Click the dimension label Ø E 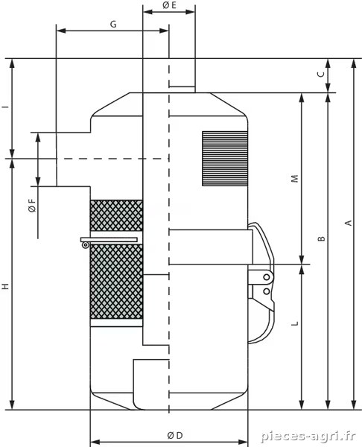[170, 5]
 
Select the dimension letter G [113, 25]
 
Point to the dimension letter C [321, 74]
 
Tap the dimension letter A [349, 223]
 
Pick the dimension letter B [321, 238]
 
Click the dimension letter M [295, 179]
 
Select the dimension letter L [295, 323]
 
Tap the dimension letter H [6, 287]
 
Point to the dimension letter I [6, 107]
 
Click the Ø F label [32, 206]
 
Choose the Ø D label [175, 435]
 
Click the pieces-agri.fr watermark [308, 436]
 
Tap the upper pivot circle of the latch [267, 277]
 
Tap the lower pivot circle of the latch [267, 291]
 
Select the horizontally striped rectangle [225, 159]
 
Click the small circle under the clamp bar [85, 245]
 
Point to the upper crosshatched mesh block [116, 215]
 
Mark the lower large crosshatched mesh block [116, 282]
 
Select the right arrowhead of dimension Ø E [190, 12]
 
